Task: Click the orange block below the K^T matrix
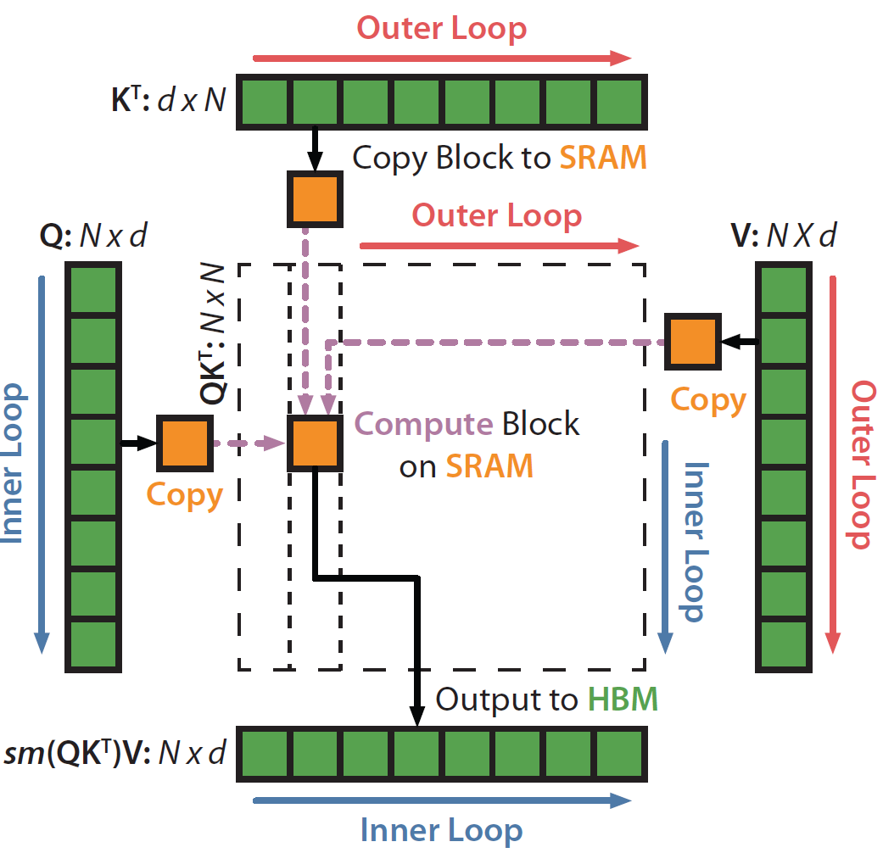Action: pyautogui.click(x=315, y=199)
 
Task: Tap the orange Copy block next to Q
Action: pyautogui.click(x=184, y=443)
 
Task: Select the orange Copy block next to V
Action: pyautogui.click(x=692, y=342)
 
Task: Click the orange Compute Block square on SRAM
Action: pyautogui.click(x=315, y=443)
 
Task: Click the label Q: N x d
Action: pyautogui.click(x=93, y=235)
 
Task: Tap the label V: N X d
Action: pyautogui.click(x=783, y=235)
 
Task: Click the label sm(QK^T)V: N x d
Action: pyautogui.click(x=116, y=752)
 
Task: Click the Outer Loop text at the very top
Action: pyautogui.click(x=441, y=27)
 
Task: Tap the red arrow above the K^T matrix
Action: pyautogui.click(x=441, y=59)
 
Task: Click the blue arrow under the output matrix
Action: pyautogui.click(x=441, y=800)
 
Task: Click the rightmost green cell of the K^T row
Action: pyautogui.click(x=620, y=103)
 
